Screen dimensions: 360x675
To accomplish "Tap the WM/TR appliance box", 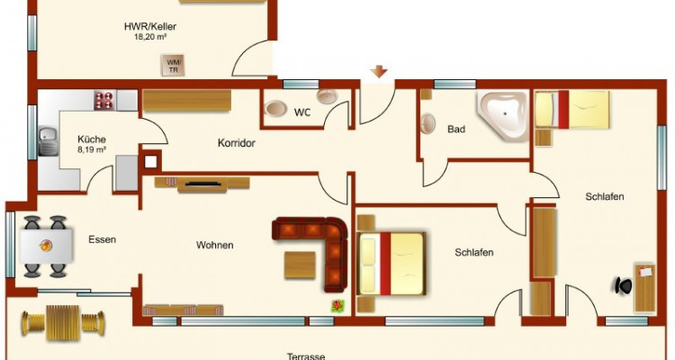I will [172, 65].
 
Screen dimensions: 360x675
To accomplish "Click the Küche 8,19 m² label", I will [92, 145].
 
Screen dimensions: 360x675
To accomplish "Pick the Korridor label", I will [237, 143].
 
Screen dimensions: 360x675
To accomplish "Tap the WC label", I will [301, 113].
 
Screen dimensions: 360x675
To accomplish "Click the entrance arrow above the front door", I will [379, 72].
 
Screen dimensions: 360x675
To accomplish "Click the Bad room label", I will [456, 130].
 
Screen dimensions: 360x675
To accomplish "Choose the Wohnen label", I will [214, 245].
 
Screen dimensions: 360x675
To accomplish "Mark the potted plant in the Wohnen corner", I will [338, 305].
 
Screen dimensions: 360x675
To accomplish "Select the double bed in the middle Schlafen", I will [391, 262].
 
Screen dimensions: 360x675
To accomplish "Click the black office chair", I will [623, 284].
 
